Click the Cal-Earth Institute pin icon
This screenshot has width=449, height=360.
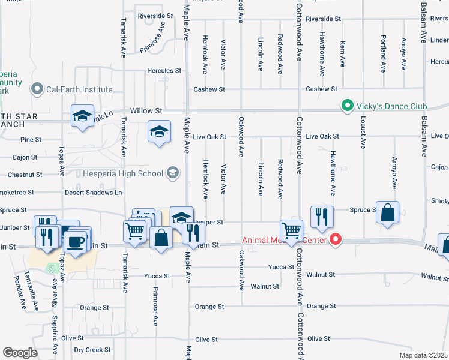37,89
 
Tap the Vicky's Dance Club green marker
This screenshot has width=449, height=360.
346,107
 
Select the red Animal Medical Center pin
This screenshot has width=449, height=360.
336,240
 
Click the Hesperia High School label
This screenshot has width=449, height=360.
130,174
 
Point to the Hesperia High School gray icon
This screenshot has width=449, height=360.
173,174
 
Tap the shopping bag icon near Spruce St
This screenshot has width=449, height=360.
388,213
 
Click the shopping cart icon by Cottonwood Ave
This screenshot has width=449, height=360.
292,231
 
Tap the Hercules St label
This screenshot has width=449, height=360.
164,70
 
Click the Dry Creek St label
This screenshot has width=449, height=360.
92,350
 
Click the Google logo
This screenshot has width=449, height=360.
20,352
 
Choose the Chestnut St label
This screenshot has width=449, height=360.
25,175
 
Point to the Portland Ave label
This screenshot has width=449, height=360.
383,55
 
